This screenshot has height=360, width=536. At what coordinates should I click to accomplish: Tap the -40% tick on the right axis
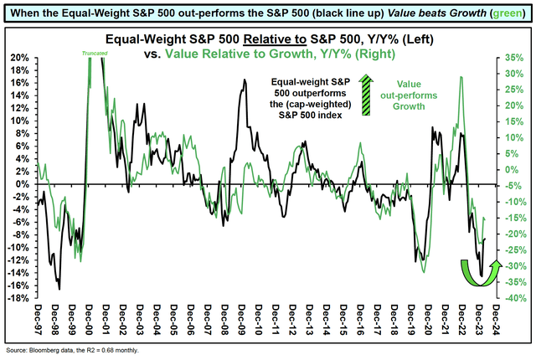514,298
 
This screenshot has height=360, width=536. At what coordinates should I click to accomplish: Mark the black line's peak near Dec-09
245,80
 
